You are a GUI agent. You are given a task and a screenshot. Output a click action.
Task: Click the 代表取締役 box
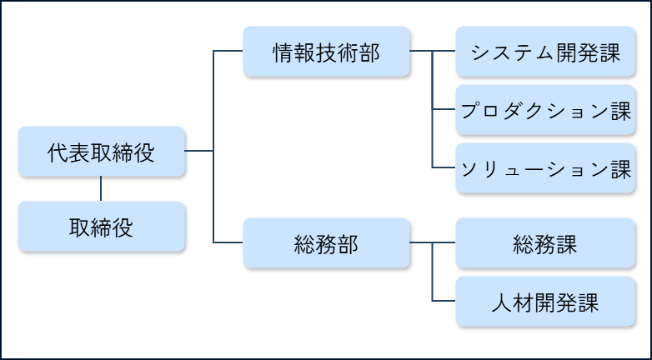click(101, 152)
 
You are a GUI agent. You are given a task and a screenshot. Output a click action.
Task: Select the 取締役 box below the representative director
click(101, 227)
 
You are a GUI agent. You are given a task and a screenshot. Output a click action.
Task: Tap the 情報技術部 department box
click(327, 52)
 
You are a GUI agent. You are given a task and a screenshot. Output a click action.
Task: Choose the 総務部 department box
click(327, 243)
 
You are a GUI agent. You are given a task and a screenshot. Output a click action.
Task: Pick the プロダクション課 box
click(545, 110)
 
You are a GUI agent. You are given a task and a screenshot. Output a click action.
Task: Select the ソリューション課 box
click(545, 168)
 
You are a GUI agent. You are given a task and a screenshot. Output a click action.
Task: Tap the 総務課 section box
click(545, 243)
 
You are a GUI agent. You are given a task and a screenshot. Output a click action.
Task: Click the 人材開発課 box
click(545, 301)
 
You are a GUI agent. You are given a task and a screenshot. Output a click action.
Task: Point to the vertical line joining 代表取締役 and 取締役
click(101, 189)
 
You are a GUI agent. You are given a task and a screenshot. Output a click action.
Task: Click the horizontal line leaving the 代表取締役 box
click(198, 151)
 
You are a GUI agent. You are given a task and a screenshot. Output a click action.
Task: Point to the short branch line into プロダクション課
click(444, 109)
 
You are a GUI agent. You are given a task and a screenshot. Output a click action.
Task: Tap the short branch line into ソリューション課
click(444, 167)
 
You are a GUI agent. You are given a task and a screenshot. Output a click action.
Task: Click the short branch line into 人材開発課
click(444, 301)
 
